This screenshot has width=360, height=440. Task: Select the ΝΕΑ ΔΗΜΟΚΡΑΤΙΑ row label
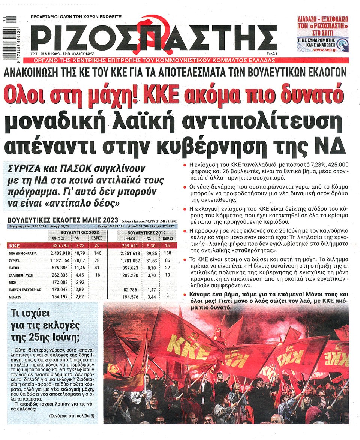click(22, 253)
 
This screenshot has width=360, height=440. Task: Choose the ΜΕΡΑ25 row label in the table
click(15, 297)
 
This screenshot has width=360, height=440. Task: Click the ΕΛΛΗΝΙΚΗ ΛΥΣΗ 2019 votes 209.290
click(129, 275)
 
